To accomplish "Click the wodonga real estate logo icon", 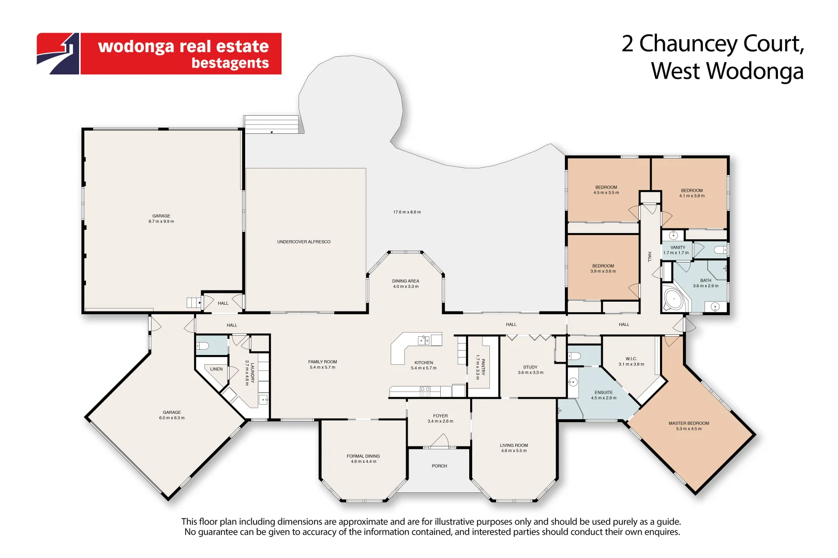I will (x=58, y=54).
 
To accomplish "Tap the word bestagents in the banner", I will (x=230, y=63).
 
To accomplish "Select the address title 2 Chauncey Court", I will (x=712, y=43).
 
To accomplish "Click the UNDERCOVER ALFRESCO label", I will (x=304, y=242).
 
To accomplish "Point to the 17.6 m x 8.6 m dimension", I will (x=407, y=212).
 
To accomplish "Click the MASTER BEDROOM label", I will (x=689, y=423).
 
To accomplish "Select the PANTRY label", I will (x=483, y=366).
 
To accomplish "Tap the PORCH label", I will (x=439, y=466).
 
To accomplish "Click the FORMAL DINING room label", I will (x=363, y=456).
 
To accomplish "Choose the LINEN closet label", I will (x=216, y=369).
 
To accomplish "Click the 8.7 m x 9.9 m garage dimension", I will (x=161, y=222).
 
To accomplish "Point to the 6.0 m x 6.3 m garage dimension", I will (x=172, y=418).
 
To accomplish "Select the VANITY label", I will (x=678, y=247).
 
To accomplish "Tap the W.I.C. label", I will (x=631, y=359).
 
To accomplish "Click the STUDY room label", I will (x=530, y=367).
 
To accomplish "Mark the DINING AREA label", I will (x=406, y=281).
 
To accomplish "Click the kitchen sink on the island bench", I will (x=424, y=340).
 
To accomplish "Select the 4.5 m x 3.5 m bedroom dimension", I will (x=606, y=193).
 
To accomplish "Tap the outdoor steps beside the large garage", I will (x=272, y=125).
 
